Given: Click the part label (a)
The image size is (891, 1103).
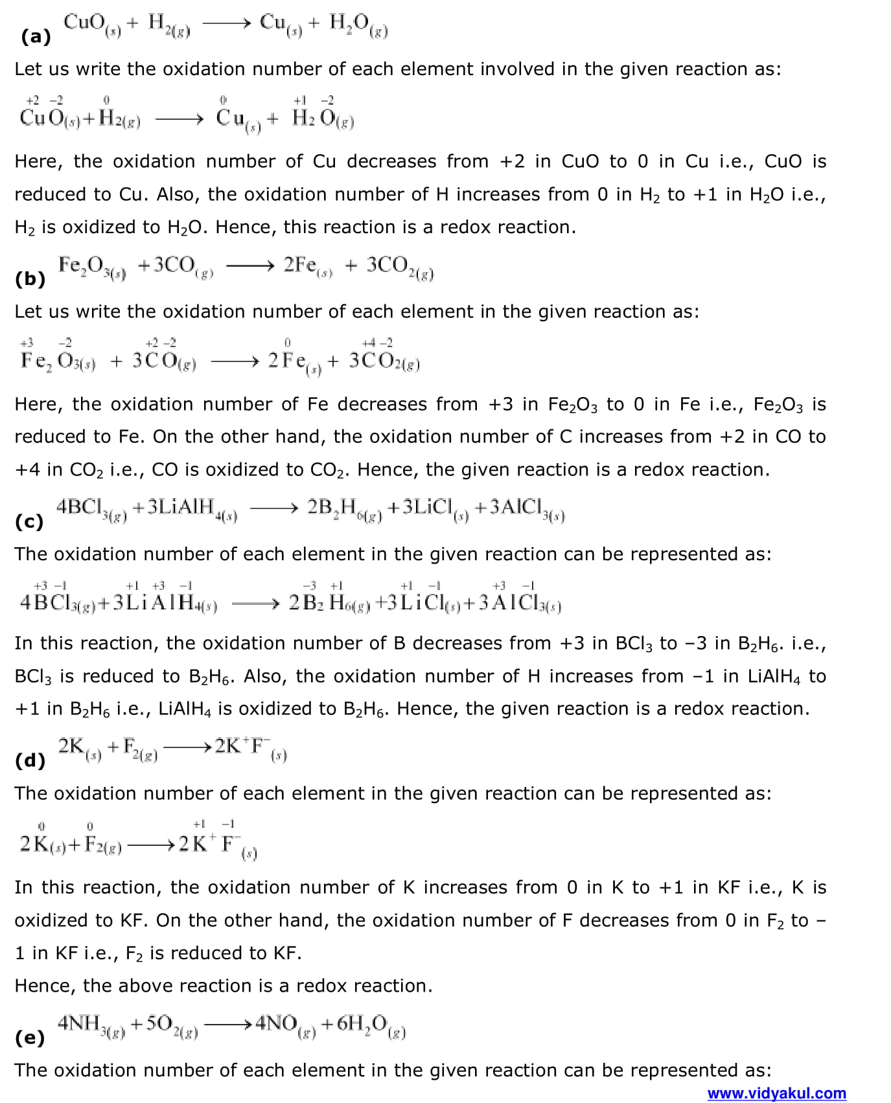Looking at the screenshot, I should tap(36, 37).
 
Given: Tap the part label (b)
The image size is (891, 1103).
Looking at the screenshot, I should tap(30, 279).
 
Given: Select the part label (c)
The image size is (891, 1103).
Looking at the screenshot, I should tap(29, 521).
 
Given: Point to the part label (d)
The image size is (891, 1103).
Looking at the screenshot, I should tap(30, 760).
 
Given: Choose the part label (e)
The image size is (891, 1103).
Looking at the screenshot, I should tap(30, 1038).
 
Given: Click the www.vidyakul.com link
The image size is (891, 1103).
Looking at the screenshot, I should tap(776, 1093).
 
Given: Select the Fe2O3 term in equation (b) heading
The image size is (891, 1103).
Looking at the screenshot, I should tap(91, 267).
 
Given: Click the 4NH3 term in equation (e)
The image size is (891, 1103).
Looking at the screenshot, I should tap(91, 1025).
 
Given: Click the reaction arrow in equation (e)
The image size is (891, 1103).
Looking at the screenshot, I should tap(227, 1025).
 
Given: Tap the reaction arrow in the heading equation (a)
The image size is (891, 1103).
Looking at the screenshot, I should tap(226, 24).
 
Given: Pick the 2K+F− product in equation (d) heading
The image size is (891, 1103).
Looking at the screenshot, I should tap(250, 748).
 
